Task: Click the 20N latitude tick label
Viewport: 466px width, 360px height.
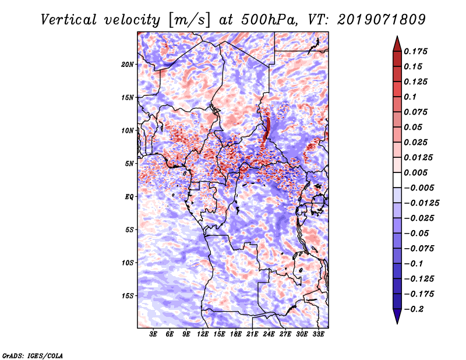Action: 128,64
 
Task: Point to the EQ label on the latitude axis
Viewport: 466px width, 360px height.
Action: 129,196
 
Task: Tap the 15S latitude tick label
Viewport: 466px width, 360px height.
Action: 128,296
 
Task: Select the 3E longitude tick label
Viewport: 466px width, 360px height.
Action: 153,335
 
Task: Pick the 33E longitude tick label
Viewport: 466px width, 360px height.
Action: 318,335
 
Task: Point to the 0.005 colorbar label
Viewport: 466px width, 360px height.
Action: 418,172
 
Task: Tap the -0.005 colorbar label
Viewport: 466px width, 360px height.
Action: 419,188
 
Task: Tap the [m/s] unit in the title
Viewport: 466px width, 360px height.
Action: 188,19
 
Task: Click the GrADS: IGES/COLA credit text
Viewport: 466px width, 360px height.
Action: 32,355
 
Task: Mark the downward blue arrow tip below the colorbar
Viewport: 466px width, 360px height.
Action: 396,320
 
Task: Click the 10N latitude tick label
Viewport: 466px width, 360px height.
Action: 128,130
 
